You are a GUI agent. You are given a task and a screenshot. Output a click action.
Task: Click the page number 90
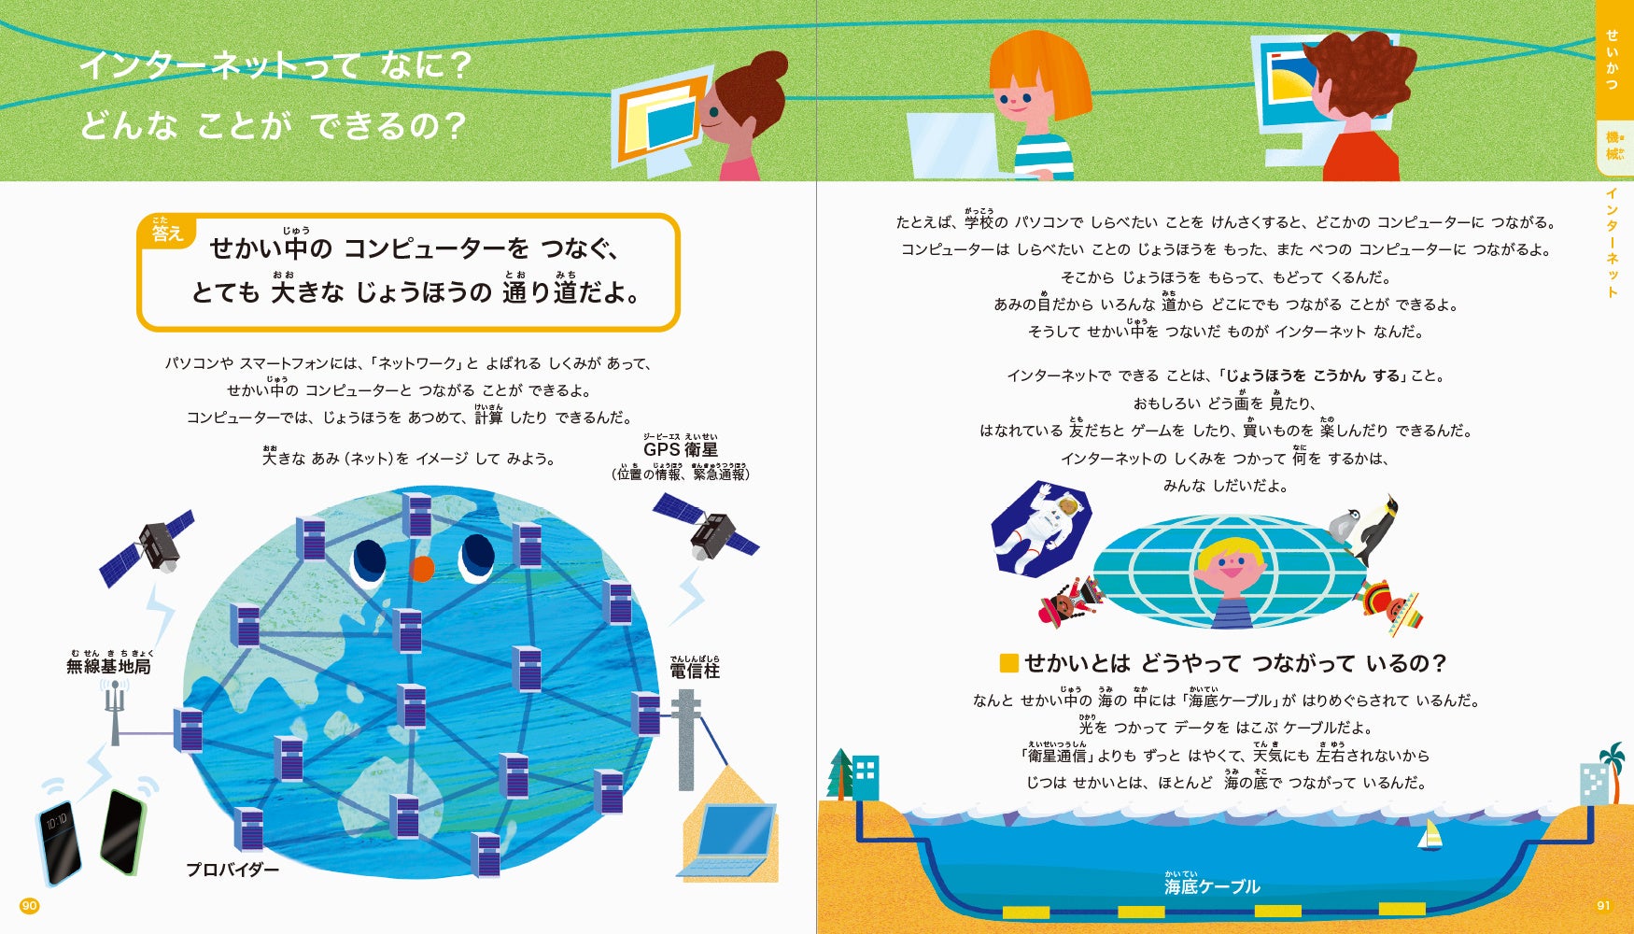30,905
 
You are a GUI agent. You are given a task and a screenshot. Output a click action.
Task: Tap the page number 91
1603,905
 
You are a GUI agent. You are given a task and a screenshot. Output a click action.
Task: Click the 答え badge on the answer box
167,233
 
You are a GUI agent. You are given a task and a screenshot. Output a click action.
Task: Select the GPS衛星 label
680,450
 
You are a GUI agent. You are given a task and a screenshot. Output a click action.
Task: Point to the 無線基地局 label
108,666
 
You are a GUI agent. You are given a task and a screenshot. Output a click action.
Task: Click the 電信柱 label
695,671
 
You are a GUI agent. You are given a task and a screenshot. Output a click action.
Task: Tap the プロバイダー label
232,870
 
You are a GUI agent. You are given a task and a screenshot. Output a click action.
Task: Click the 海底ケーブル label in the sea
1212,886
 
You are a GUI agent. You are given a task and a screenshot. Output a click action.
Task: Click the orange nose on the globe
422,567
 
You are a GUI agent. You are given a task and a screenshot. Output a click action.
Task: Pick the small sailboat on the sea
1430,835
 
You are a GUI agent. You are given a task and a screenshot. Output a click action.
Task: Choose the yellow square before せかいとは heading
1008,663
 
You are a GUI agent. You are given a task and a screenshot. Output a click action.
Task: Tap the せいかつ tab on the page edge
1613,60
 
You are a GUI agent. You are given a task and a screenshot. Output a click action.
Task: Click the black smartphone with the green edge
123,831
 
